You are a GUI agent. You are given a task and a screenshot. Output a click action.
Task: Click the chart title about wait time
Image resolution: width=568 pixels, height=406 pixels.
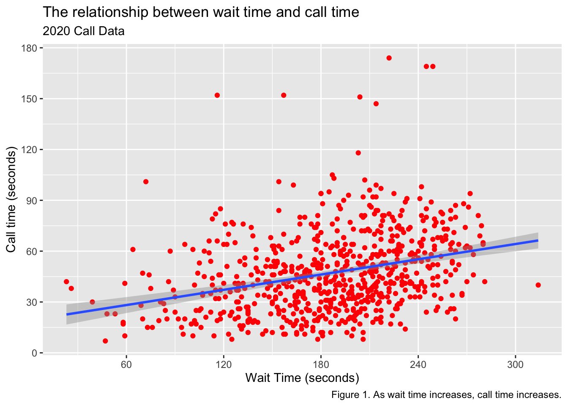(x=201, y=12)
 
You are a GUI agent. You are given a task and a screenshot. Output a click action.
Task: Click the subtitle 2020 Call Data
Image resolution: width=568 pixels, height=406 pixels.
(x=84, y=31)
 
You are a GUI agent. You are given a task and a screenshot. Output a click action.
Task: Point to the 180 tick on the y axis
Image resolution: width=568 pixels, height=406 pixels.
(x=32, y=48)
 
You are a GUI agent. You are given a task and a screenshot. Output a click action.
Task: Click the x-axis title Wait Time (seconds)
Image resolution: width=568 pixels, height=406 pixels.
(x=302, y=378)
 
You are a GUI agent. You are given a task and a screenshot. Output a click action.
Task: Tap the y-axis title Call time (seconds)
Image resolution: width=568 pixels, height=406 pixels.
(x=11, y=200)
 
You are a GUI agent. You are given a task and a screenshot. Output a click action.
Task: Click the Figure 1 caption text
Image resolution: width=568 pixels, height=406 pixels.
(x=446, y=395)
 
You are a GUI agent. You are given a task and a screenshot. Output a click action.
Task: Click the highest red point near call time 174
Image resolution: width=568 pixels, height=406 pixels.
(x=389, y=58)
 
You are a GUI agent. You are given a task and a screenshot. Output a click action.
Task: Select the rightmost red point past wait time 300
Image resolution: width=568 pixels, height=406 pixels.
(x=538, y=285)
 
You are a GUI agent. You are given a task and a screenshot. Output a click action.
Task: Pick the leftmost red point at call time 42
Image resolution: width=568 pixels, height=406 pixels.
(x=66, y=282)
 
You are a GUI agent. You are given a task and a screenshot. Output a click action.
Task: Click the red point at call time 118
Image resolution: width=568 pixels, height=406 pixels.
(x=358, y=153)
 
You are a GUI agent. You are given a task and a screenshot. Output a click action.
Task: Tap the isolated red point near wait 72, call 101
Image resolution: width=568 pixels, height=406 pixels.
(x=146, y=181)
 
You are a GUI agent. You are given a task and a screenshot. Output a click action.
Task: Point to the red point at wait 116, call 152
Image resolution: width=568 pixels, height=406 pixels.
(x=217, y=95)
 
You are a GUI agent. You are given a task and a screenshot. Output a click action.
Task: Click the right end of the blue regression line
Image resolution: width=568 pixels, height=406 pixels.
(x=537, y=240)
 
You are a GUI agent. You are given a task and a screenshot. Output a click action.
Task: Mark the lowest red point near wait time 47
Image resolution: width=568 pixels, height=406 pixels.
(x=105, y=341)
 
